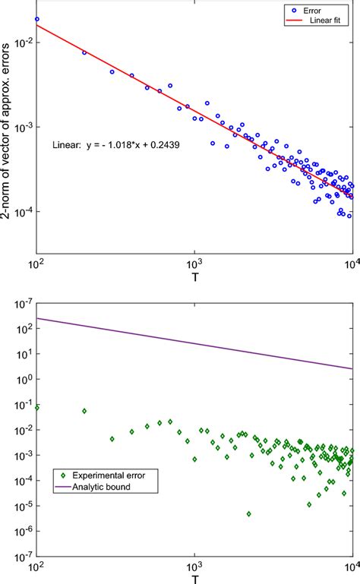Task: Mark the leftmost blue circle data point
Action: (x=36, y=19)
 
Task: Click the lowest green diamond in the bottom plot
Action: (x=248, y=514)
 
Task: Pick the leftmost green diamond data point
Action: (x=36, y=407)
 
